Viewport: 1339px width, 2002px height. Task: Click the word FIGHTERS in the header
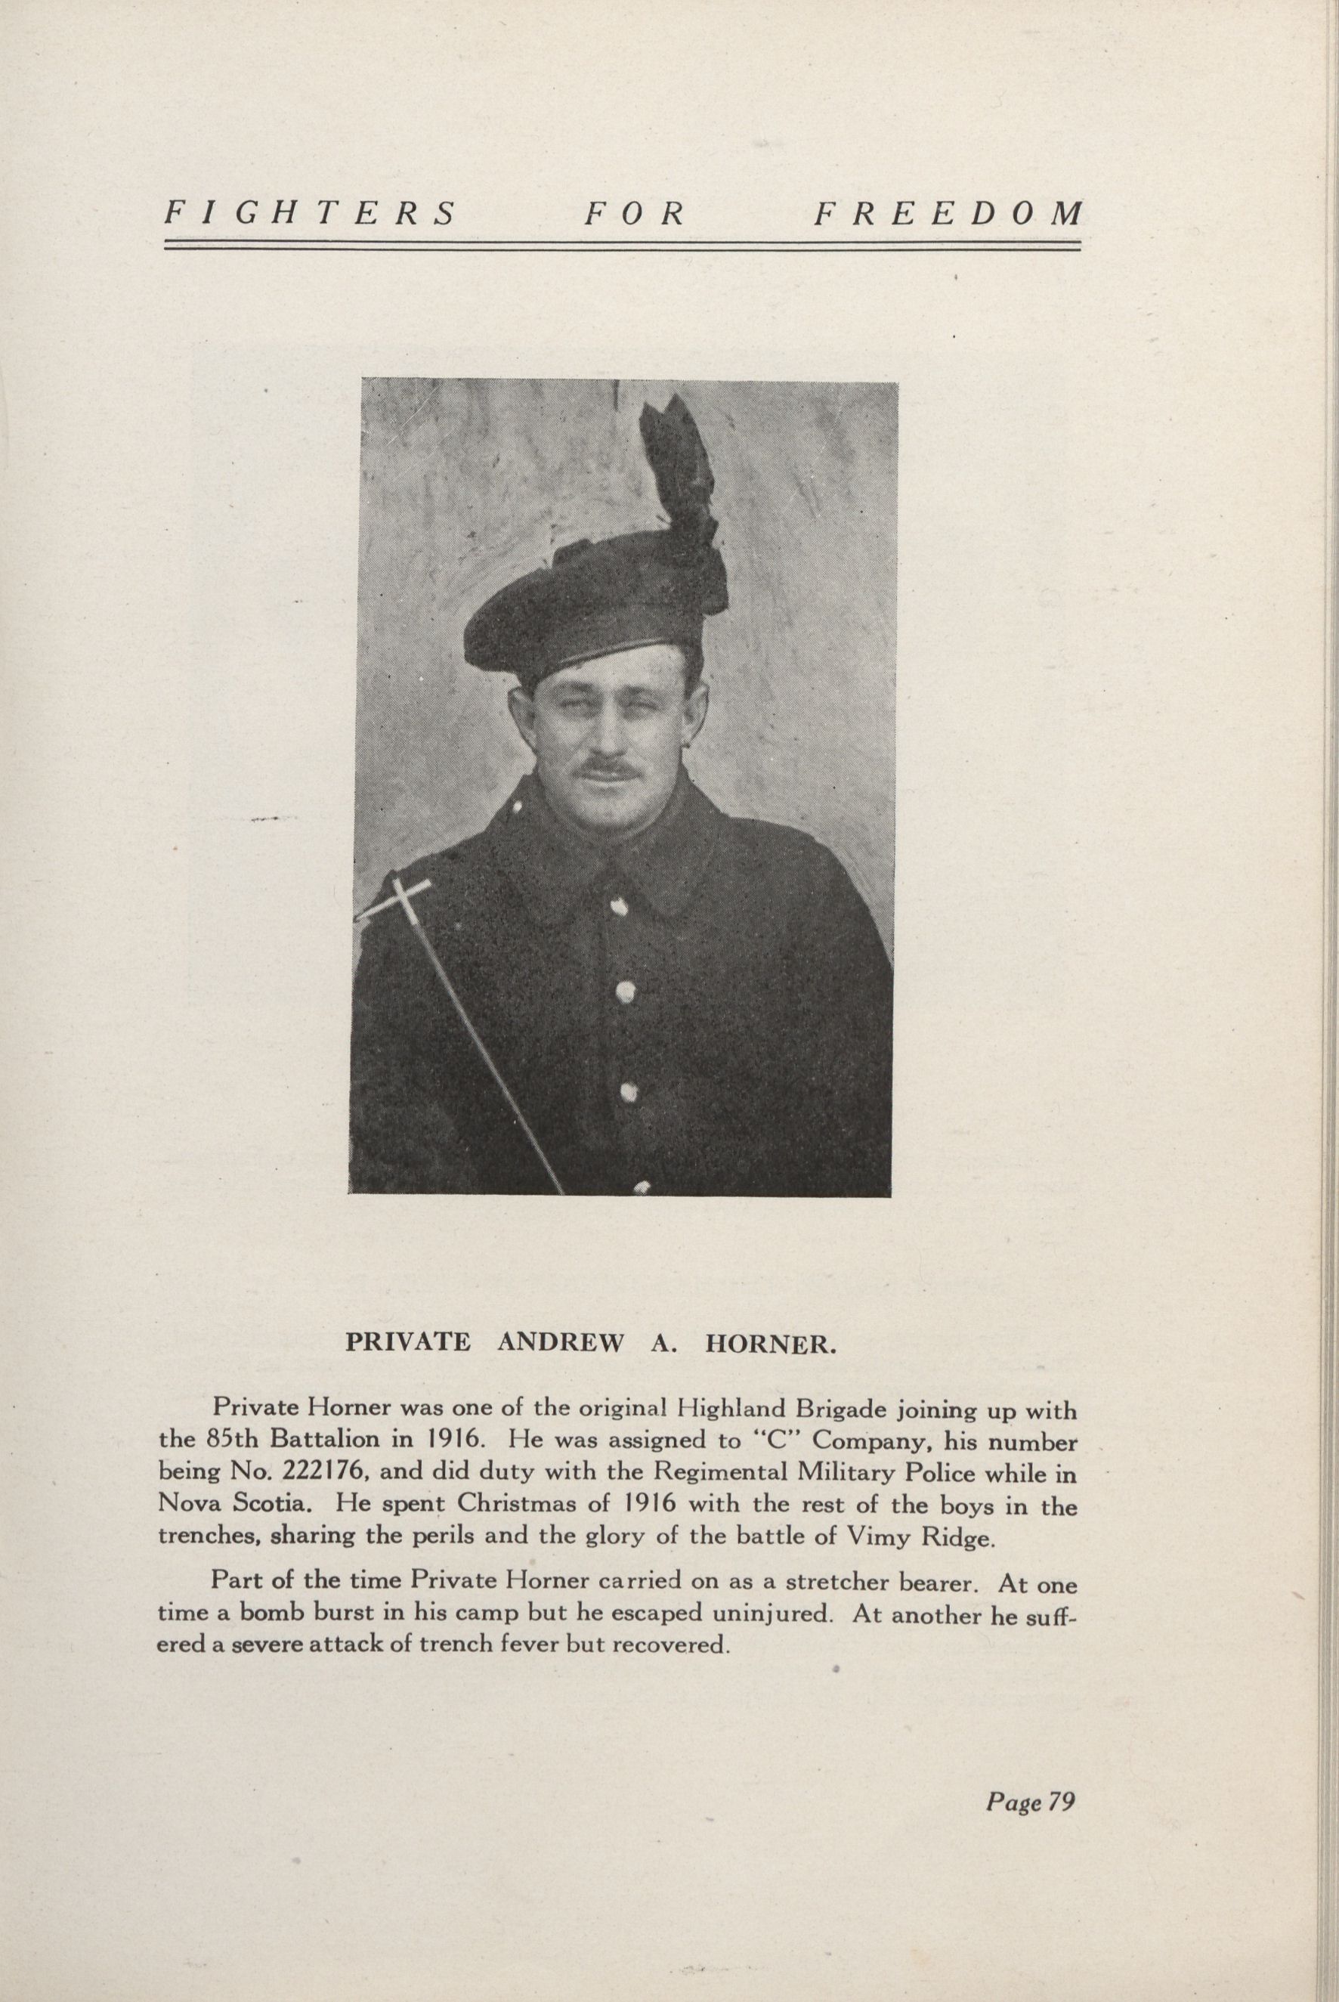311,212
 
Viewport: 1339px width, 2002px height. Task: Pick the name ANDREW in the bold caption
560,1341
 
